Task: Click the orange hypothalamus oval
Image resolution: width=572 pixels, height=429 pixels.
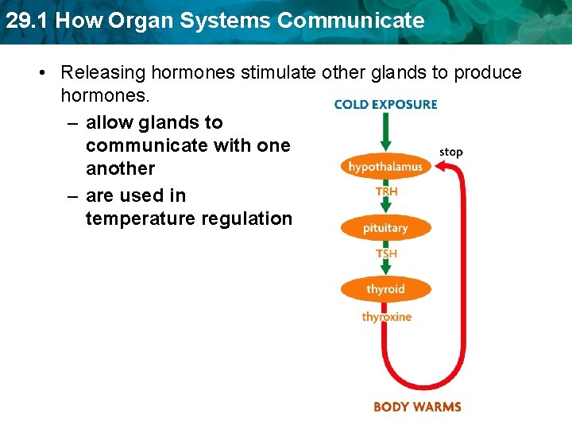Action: (385, 166)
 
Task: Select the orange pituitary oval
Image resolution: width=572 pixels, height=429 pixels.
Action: (385, 228)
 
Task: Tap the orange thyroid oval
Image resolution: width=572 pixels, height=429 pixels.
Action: (385, 289)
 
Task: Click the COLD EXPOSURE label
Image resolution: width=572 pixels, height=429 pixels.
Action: (385, 104)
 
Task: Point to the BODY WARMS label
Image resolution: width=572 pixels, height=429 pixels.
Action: (416, 407)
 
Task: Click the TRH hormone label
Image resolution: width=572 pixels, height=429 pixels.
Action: (387, 191)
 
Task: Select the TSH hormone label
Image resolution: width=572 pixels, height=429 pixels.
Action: (387, 253)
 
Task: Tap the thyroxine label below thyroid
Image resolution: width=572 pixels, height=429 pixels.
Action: (387, 317)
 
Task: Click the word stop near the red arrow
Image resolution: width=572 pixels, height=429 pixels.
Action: (450, 152)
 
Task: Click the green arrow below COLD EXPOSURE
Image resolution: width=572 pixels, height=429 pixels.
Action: (385, 132)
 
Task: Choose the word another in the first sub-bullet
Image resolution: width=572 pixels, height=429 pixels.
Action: (120, 168)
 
